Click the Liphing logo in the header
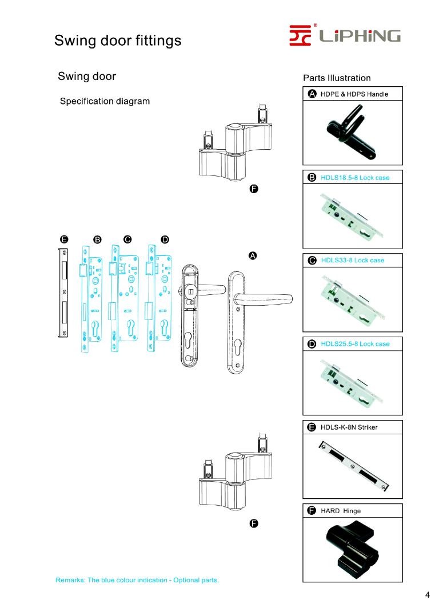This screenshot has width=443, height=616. coord(344,36)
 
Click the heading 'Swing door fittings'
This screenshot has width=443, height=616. coord(118,41)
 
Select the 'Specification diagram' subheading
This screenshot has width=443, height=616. coord(105,101)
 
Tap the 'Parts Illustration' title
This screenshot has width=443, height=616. coord(337,78)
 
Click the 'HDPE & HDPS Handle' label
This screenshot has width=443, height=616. coord(350,94)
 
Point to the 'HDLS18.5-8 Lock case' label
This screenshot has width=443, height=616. coord(354,178)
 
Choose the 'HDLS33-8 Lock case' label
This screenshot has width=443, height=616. coord(352,261)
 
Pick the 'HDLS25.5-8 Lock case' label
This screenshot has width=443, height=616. coord(354,344)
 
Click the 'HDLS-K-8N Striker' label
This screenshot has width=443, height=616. coord(349,427)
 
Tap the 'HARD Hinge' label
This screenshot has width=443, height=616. coord(340,511)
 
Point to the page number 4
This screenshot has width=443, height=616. coord(427,595)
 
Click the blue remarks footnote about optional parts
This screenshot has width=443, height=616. coord(137,581)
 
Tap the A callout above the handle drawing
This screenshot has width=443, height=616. coord(252,255)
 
